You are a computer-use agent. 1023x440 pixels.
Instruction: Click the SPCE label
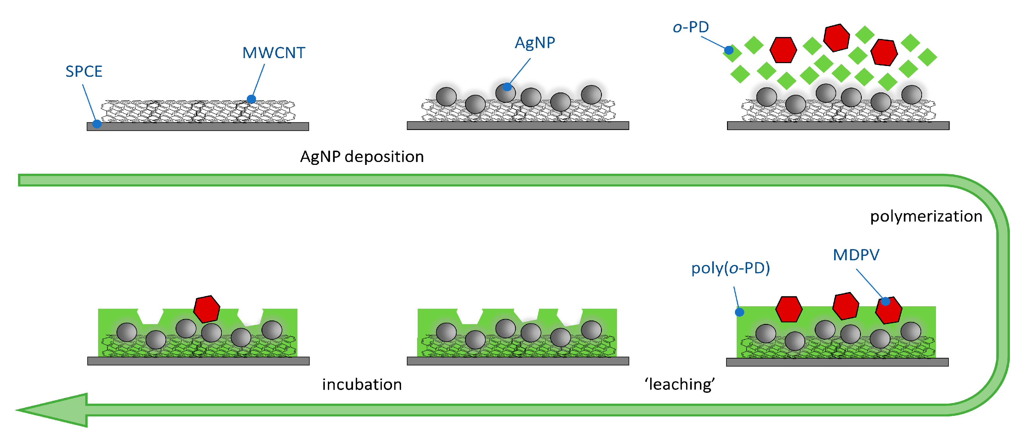[x=84, y=72]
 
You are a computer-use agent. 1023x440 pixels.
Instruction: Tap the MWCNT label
[x=274, y=53]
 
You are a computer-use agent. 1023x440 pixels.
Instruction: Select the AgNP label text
[x=535, y=42]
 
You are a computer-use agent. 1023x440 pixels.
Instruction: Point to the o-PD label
[x=691, y=27]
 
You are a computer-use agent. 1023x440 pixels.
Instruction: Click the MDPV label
[x=856, y=255]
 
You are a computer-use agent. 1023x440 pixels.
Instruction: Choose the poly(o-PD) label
[x=730, y=268]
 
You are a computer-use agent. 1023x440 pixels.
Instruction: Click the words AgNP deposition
[x=362, y=157]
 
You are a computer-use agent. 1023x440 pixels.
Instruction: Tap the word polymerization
[x=926, y=216]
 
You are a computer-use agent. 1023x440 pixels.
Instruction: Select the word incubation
[x=362, y=384]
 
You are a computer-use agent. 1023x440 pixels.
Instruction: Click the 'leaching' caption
[x=680, y=384]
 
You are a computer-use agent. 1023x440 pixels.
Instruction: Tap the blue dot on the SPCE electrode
[x=97, y=124]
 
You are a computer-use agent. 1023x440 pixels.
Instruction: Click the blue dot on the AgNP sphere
[x=507, y=86]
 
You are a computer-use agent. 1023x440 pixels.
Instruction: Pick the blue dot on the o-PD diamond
[x=729, y=50]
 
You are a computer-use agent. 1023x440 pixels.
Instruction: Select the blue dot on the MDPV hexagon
[x=886, y=302]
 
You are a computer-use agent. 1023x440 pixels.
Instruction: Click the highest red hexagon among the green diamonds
[x=836, y=38]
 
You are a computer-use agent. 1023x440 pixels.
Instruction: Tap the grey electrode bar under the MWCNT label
[x=198, y=127]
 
